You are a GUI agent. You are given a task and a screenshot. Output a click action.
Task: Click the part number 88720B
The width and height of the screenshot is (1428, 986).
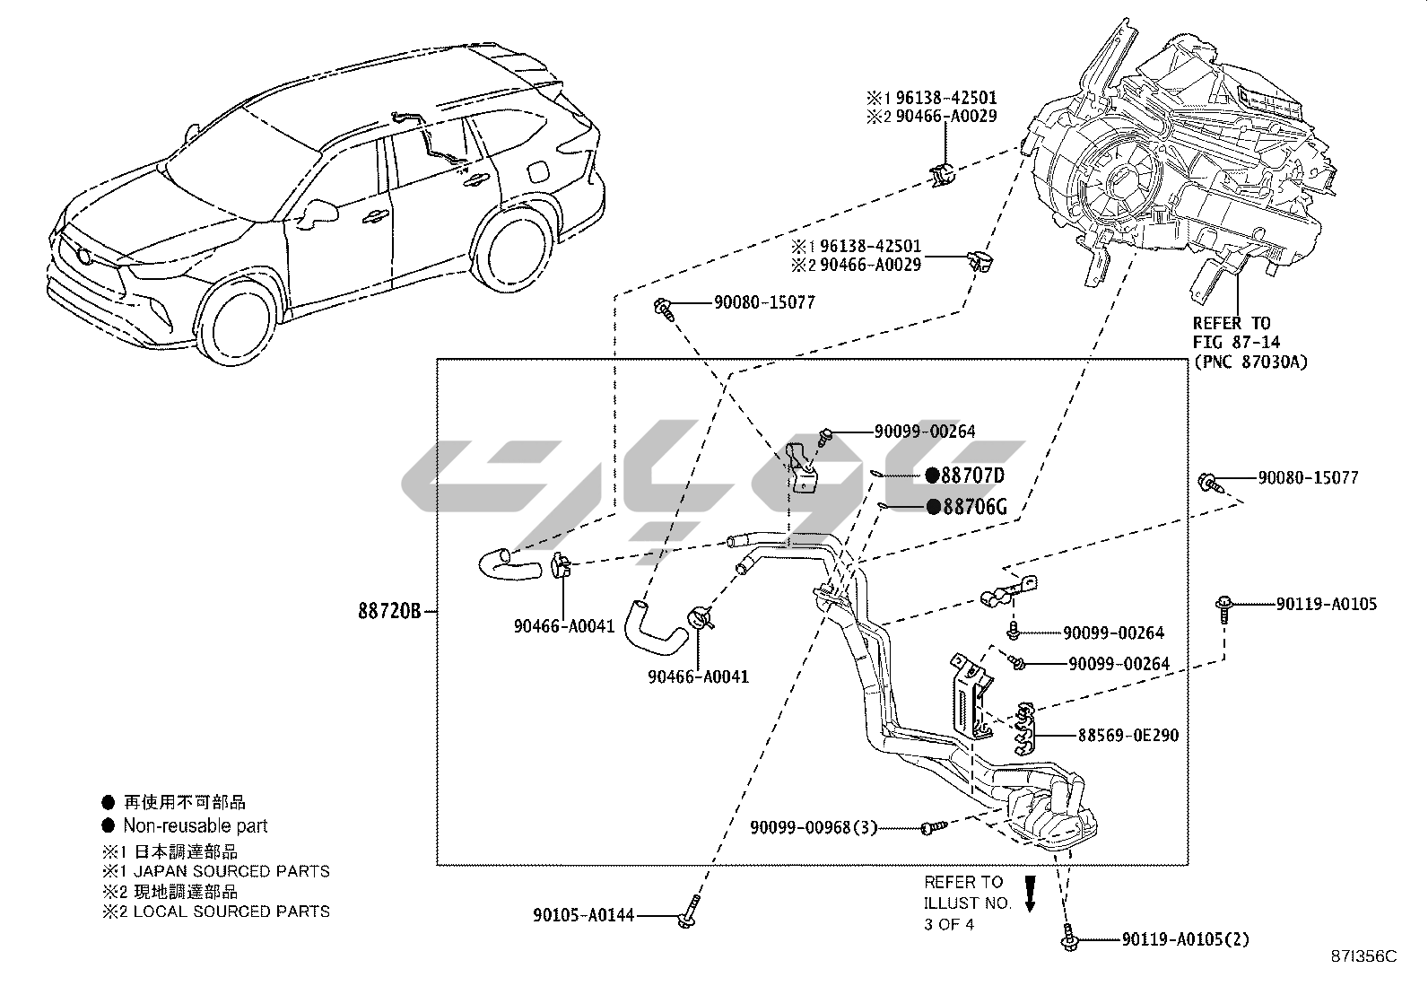pos(389,611)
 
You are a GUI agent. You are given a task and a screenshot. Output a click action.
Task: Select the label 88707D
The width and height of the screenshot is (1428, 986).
pos(972,476)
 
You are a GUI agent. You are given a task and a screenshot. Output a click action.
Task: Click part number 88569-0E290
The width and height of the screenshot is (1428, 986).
pos(1128,736)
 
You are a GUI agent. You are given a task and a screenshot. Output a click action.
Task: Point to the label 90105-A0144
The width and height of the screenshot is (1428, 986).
pos(583,915)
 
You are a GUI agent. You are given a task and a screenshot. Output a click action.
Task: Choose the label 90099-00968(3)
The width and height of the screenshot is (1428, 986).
pos(814,828)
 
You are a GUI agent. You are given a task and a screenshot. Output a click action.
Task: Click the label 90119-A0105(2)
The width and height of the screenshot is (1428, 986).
pos(1185,940)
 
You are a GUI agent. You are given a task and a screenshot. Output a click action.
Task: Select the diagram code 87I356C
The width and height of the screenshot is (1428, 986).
pos(1364,956)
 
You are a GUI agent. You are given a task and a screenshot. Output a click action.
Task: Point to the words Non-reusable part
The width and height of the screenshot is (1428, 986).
pos(196,825)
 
